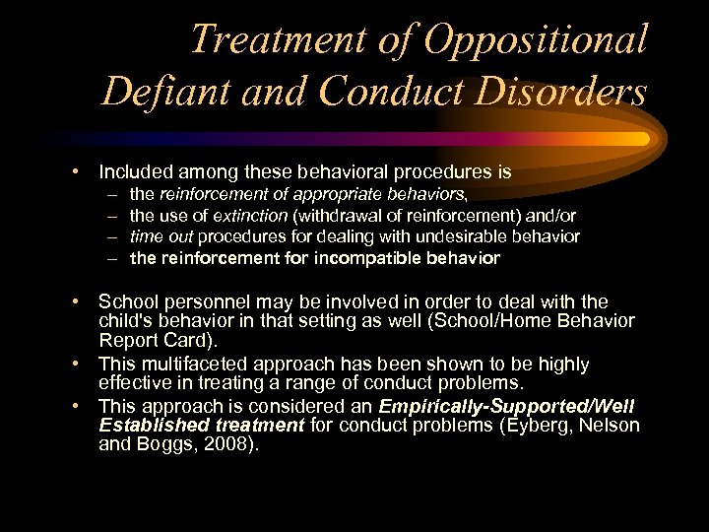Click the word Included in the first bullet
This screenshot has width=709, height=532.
[x=134, y=172]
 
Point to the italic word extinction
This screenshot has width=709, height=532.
[x=249, y=215]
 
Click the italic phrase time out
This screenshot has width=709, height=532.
[x=161, y=236]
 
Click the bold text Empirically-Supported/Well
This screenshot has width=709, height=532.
[x=507, y=407]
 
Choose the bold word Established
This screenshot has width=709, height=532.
[x=149, y=426]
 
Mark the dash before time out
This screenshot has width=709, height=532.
[x=112, y=237]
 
